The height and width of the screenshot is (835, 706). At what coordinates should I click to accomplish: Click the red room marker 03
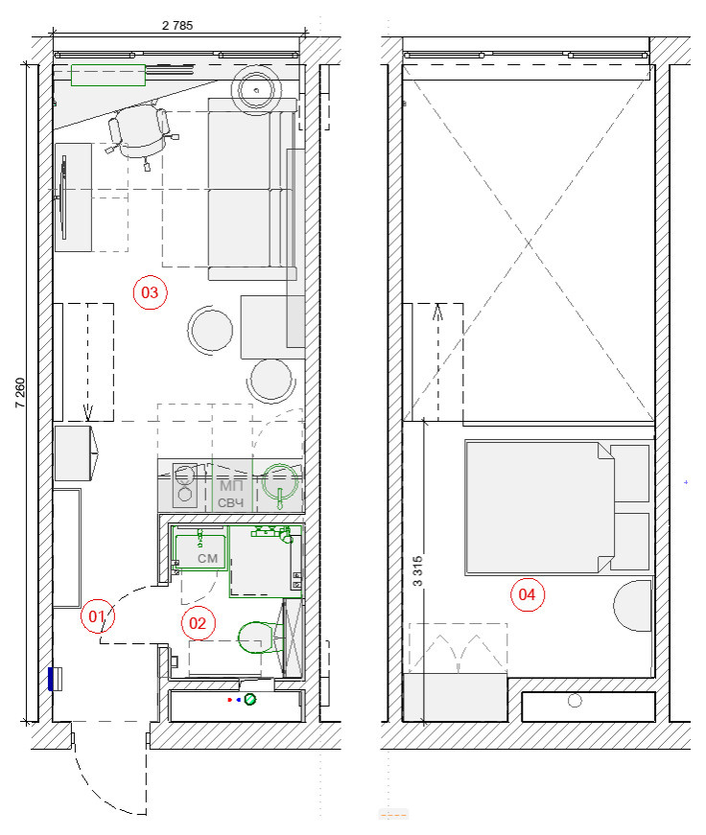pos(150,292)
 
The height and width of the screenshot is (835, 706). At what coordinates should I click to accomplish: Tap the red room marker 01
pos(98,616)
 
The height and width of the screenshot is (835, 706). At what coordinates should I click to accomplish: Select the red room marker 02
pos(199,623)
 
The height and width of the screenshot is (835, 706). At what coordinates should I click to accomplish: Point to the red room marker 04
pos(528,594)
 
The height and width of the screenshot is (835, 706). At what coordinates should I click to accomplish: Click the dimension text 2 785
pos(177,26)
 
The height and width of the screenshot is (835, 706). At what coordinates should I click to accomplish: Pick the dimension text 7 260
pos(20,393)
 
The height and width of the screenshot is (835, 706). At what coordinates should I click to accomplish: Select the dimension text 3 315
pos(417,571)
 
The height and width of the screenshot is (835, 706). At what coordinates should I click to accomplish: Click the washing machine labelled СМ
pos(200,552)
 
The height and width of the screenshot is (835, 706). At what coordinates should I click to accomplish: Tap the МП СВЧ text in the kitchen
pos(231,494)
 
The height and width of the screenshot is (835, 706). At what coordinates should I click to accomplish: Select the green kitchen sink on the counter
pos(280,483)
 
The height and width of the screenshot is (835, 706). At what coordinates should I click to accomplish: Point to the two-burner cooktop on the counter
pos(185,484)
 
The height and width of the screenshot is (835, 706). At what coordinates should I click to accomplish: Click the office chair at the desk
pos(141,131)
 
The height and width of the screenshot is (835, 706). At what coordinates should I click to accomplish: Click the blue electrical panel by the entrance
pos(52,679)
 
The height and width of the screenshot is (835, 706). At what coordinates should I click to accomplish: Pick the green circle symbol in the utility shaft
pos(250,699)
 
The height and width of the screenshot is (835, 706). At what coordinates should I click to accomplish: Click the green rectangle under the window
pos(108,75)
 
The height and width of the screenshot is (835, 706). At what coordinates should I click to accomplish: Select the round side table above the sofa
pos(256,89)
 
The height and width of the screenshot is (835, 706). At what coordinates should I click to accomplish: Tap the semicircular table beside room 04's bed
pos(633,606)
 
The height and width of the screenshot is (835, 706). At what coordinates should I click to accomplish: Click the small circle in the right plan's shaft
pos(575,700)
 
